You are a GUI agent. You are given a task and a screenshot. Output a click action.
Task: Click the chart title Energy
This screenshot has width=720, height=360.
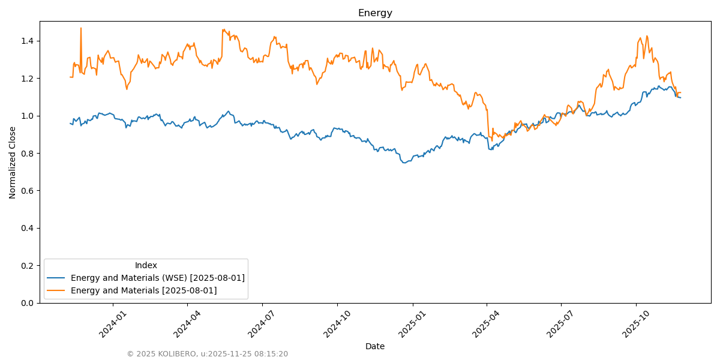coord(375,13)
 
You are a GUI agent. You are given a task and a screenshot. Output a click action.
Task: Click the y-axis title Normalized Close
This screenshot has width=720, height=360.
coord(13,162)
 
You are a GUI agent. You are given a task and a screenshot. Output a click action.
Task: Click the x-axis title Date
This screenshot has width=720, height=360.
coord(375,346)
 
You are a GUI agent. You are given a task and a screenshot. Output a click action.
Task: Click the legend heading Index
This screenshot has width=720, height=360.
coord(146,265)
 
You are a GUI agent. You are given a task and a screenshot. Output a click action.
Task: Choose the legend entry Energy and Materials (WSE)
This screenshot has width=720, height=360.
coord(157,278)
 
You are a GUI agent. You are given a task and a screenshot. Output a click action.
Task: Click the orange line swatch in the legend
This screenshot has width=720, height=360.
coord(56,290)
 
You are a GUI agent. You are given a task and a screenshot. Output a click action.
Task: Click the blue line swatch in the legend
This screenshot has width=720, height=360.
coord(56,278)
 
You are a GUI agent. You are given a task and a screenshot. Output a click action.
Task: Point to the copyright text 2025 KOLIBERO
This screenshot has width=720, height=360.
coord(207,354)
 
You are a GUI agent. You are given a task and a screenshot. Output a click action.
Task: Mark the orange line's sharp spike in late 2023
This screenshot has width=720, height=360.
coord(81,28)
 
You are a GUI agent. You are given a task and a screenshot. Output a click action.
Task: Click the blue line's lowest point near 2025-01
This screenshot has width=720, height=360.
coord(404,163)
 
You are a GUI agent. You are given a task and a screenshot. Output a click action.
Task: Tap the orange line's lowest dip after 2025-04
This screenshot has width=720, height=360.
coord(493,140)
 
